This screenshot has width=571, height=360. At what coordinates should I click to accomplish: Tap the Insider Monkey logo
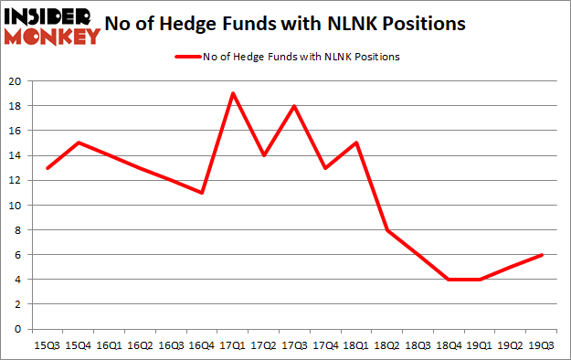pyautogui.click(x=51, y=26)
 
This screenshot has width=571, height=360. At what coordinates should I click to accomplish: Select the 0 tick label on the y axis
pyautogui.click(x=16, y=329)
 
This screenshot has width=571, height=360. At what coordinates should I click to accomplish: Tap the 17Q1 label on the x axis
pyautogui.click(x=233, y=345)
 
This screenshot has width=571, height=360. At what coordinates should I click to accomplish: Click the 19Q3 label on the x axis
pyautogui.click(x=544, y=345)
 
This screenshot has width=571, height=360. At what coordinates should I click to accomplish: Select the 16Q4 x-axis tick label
pyautogui.click(x=201, y=345)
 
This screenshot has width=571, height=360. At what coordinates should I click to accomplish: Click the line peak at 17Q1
pyautogui.click(x=233, y=93)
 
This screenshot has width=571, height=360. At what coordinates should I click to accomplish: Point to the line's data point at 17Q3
pyautogui.click(x=295, y=106)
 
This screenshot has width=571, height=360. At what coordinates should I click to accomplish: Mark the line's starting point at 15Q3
pyautogui.click(x=46, y=168)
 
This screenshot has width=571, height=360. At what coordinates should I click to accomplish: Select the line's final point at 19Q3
pyautogui.click(x=544, y=255)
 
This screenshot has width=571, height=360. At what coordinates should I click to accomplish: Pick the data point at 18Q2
pyautogui.click(x=388, y=230)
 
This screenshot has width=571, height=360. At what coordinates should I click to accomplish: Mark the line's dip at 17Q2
pyautogui.click(x=264, y=155)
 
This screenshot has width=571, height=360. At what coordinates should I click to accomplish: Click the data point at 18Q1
pyautogui.click(x=357, y=143)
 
